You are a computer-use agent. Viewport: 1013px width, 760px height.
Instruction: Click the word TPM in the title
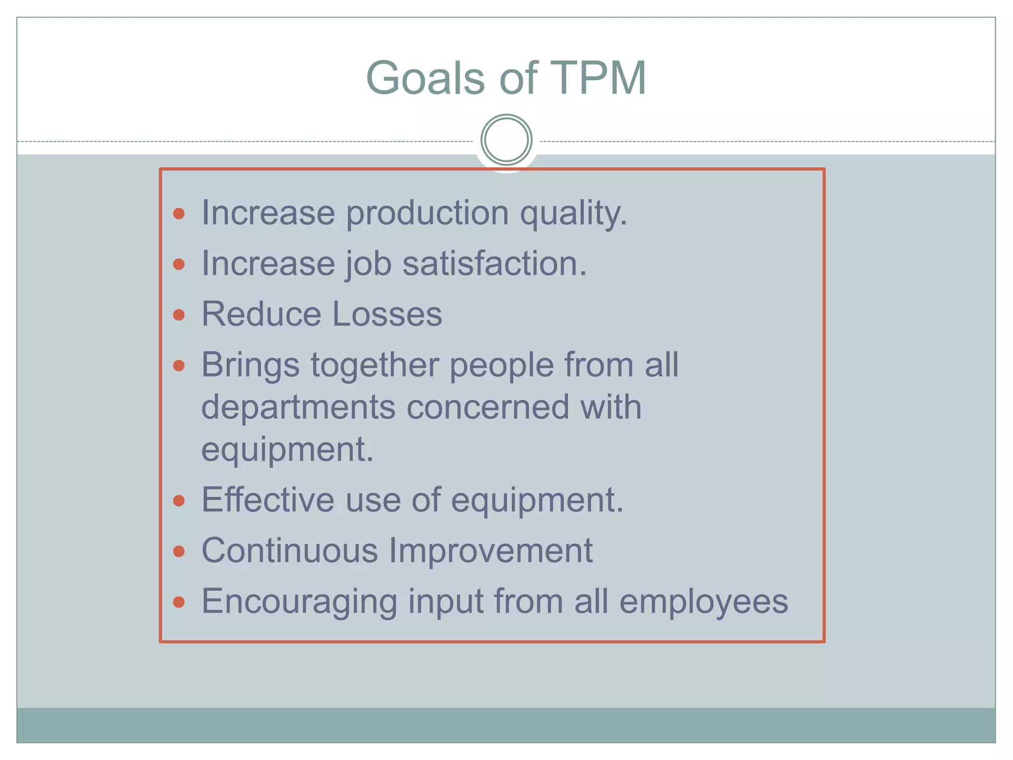(x=598, y=78)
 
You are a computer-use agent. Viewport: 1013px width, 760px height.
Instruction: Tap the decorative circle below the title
(x=506, y=140)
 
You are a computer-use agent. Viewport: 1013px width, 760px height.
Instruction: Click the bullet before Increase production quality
(x=179, y=214)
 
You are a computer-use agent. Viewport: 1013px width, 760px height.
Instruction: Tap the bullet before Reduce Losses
(x=179, y=315)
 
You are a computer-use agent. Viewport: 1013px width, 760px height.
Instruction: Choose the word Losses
(x=387, y=315)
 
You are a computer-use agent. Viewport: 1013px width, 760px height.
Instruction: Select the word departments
(x=298, y=407)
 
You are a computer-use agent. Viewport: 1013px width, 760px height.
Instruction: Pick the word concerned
(x=488, y=407)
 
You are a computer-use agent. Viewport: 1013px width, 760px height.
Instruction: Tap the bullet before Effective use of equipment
(x=179, y=501)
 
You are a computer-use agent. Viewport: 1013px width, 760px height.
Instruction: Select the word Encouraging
(x=299, y=602)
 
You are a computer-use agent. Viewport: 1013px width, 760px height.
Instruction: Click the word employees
(x=703, y=602)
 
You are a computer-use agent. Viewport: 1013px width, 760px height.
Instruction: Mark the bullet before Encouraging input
(x=179, y=602)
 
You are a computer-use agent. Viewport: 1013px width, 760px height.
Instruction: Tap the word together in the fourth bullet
(x=374, y=365)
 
